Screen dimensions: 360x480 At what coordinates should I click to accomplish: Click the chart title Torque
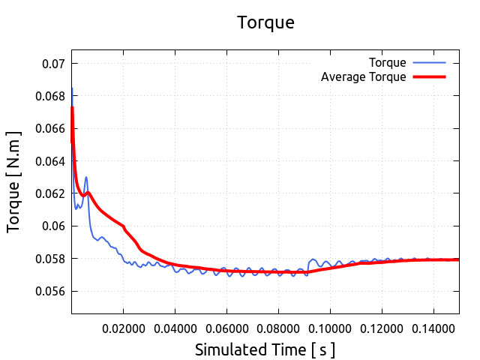point(265,22)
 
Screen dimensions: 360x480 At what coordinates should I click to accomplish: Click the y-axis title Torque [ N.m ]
point(14,181)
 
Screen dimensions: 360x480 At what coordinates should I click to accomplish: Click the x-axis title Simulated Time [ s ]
point(265,349)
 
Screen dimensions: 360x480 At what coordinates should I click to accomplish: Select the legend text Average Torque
point(363,76)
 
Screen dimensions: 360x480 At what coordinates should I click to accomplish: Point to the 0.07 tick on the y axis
point(53,64)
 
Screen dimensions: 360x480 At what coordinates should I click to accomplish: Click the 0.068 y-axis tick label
point(50,96)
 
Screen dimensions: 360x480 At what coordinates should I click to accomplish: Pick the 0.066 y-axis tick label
point(50,129)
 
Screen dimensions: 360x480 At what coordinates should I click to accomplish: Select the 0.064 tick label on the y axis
point(50,161)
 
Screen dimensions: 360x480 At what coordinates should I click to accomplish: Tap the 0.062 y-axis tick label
point(50,193)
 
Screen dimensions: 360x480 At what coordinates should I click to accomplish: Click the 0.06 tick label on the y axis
point(53,226)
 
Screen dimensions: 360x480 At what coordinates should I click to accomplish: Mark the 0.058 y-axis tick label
point(50,259)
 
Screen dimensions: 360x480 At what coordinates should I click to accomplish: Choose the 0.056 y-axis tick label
point(50,291)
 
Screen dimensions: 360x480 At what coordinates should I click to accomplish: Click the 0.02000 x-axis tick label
point(123,328)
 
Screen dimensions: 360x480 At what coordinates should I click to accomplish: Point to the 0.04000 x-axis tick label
point(175,328)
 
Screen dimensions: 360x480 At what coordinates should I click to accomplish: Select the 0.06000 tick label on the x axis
point(226,328)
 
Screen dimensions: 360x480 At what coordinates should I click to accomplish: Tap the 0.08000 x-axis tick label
point(278,328)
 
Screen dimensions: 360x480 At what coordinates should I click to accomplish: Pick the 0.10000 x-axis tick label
point(330,328)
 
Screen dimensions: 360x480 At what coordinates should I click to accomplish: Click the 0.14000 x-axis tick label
point(433,328)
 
